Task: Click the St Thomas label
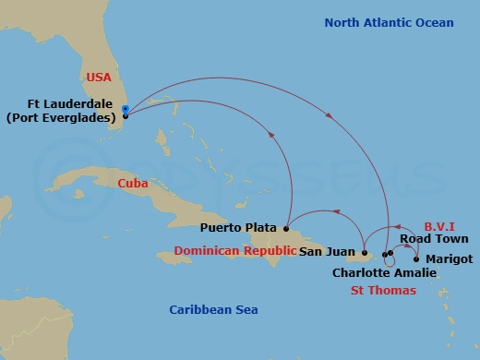point(382,291)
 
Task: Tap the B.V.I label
point(440,226)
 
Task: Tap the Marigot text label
point(450,258)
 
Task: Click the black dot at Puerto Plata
point(287,227)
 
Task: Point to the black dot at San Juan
point(365,252)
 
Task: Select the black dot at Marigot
point(416,258)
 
